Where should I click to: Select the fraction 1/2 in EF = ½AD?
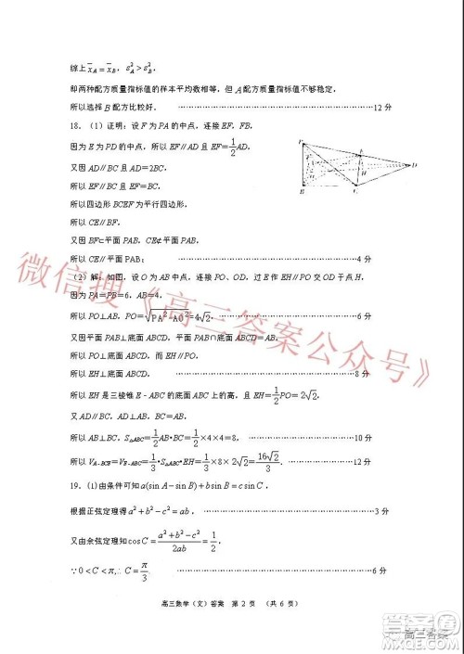click(x=252, y=146)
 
